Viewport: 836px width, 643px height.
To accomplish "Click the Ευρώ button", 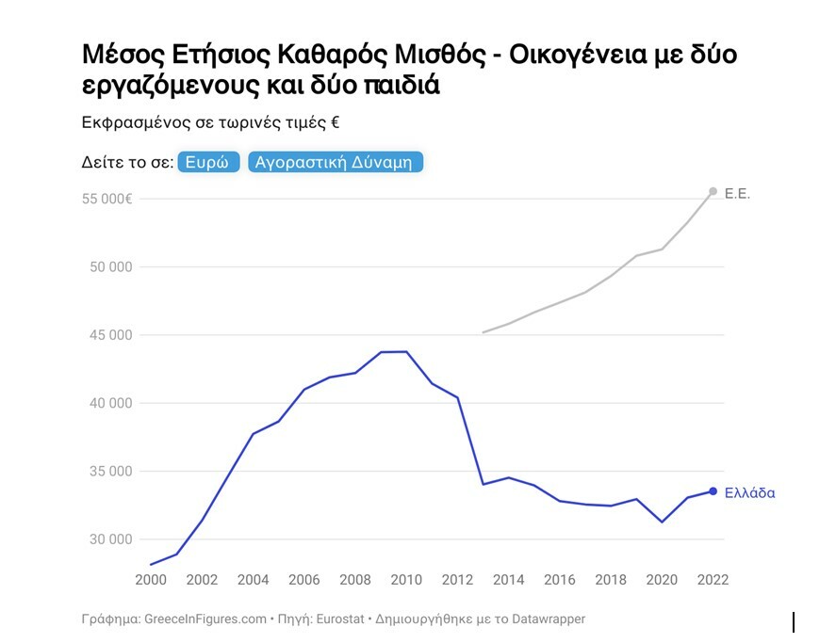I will tap(207, 162).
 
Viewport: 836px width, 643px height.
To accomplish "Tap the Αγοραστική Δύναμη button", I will tap(336, 162).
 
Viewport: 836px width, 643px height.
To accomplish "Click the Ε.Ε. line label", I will tap(737, 193).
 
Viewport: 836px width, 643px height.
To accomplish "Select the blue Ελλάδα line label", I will tap(749, 492).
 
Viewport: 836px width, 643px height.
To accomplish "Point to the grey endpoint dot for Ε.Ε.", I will tap(713, 191).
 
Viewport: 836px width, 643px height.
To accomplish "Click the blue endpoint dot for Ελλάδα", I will tap(713, 491).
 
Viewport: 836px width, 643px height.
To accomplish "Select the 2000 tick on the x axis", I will tap(151, 580).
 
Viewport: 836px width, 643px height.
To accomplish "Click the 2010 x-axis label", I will tap(405, 580).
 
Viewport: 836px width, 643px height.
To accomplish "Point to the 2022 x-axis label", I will tap(712, 580).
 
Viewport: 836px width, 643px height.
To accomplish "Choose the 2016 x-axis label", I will tap(559, 580).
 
